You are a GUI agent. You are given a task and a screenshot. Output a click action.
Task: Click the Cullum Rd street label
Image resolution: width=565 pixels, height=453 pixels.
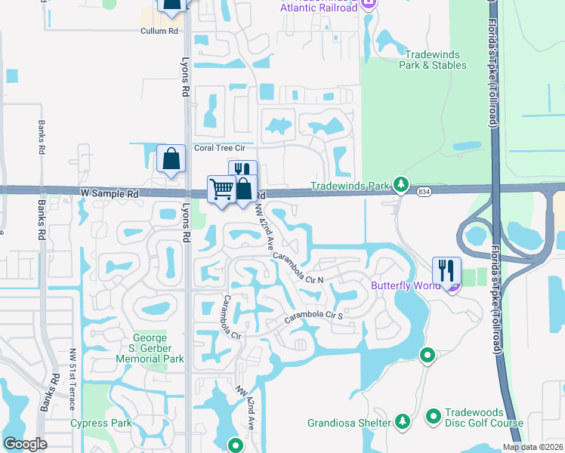tap(159, 31)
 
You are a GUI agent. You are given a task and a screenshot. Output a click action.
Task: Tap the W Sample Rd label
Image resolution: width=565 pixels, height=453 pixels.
tap(110, 194)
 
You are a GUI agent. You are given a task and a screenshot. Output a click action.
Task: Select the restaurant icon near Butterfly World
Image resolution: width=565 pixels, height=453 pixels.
tap(445, 270)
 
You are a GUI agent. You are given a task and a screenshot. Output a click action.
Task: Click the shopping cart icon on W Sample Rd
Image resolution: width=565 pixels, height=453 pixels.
tap(221, 188)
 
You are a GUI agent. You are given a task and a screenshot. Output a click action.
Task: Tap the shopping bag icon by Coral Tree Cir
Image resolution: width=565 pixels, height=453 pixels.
tap(171, 159)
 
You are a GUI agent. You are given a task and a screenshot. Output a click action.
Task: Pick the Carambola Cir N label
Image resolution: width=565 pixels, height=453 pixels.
tap(298, 267)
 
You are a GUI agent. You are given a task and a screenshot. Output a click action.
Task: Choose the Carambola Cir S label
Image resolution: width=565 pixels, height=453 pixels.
tap(313, 317)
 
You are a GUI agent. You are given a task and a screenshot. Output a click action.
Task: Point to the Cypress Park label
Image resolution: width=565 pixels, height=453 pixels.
tap(100, 423)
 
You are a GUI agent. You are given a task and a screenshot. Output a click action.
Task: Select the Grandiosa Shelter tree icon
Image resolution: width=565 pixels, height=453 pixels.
tap(402, 420)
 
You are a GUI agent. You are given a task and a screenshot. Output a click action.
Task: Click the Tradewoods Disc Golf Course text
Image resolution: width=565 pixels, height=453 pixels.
tap(474, 423)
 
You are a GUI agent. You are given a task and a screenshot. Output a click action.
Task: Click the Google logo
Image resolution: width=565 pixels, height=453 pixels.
tap(25, 444)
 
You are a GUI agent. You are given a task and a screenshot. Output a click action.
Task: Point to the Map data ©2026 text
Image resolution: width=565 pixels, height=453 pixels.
tap(533, 447)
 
